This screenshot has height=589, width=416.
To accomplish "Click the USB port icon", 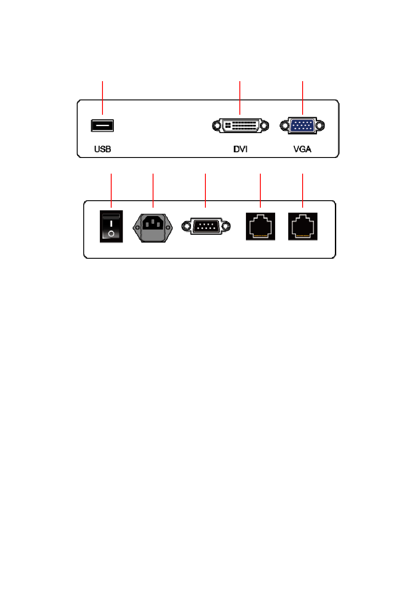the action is (x=102, y=125).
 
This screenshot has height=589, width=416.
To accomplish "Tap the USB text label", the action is (x=102, y=149).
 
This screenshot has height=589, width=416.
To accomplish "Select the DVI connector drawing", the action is (x=240, y=126).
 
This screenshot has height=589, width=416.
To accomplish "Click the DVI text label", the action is (x=240, y=149).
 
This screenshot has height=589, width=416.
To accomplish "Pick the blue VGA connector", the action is (x=302, y=125).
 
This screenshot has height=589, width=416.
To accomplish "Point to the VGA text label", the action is (x=302, y=149).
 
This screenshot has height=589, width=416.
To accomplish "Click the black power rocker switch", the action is (x=111, y=226).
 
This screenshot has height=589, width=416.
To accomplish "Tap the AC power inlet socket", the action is (x=153, y=228).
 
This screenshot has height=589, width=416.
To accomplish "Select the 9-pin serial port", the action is (x=206, y=226).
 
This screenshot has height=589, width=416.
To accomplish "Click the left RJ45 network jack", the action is (x=260, y=226).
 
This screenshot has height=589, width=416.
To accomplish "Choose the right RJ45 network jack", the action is (x=303, y=226).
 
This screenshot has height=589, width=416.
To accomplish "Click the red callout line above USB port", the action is (x=102, y=98).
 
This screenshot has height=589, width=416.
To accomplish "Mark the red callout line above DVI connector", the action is (x=240, y=98).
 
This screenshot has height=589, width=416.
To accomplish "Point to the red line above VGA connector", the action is (x=303, y=98).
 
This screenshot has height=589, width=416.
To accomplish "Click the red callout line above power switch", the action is (x=111, y=191).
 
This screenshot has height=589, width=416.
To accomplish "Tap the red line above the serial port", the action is (x=205, y=191).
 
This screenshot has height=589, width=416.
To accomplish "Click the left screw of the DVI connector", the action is (x=217, y=126).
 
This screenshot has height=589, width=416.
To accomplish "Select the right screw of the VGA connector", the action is (x=320, y=125).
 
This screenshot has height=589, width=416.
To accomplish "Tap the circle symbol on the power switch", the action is (x=111, y=233).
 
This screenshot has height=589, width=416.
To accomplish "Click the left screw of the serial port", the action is (x=186, y=226).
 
